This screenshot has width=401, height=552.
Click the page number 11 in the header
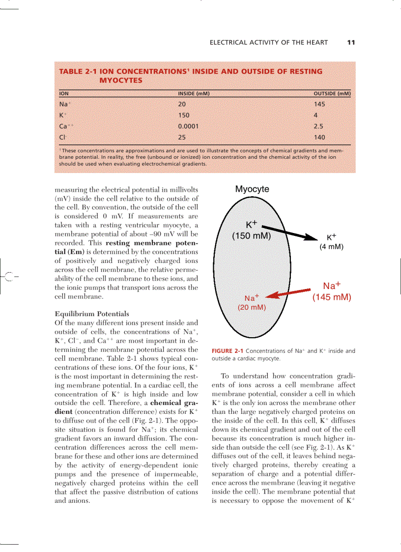click(351, 42)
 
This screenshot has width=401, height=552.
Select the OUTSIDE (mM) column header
click(332, 93)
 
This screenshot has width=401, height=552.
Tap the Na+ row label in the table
click(65, 104)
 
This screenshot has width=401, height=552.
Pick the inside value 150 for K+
click(184, 115)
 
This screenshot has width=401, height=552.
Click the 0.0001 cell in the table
click(188, 126)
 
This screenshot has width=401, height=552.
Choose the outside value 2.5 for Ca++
click(319, 126)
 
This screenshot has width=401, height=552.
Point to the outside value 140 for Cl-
click(319, 138)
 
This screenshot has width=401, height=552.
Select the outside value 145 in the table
click(319, 104)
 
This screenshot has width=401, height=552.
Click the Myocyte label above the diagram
click(252, 189)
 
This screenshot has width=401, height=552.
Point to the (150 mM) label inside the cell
click(252, 235)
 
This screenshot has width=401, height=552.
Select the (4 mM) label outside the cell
click(331, 246)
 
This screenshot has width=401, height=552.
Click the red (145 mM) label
click(332, 297)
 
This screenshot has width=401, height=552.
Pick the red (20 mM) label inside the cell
click(252, 307)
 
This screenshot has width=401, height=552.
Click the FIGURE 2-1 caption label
click(227, 351)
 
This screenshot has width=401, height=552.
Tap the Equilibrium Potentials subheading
click(92, 314)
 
